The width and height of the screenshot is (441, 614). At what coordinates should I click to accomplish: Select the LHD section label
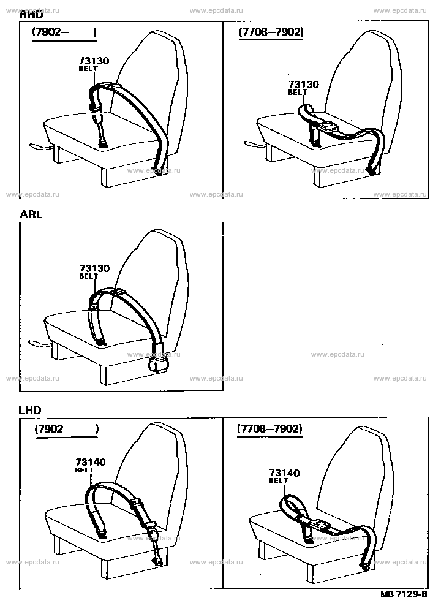(31, 409)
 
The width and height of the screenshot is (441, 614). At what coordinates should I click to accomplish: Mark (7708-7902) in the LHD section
(269, 429)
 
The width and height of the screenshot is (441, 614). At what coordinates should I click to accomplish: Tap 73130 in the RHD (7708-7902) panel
(303, 85)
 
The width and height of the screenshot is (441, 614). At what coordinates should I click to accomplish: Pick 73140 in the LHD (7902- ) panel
(90, 463)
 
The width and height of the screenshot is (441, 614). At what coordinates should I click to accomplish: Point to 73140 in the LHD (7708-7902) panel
(284, 473)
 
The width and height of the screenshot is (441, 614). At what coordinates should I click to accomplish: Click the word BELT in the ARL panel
(88, 276)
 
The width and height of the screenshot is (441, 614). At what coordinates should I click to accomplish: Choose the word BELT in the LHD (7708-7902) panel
(278, 481)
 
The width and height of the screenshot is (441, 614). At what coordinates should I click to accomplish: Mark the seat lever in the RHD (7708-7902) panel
(252, 145)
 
